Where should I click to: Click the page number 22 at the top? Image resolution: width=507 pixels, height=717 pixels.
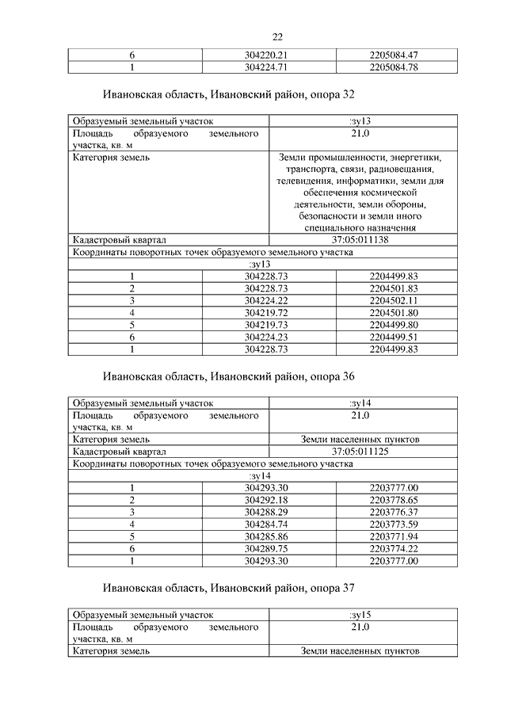pyautogui.click(x=277, y=37)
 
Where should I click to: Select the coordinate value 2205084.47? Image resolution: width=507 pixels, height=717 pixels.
pyautogui.click(x=394, y=55)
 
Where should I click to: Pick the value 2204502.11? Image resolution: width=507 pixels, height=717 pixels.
pyautogui.click(x=394, y=301)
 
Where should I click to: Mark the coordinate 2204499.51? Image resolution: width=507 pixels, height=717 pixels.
pyautogui.click(x=394, y=337)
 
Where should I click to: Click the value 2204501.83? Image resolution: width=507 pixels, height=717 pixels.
pyautogui.click(x=394, y=288)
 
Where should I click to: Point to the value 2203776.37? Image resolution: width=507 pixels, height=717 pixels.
pyautogui.click(x=394, y=513)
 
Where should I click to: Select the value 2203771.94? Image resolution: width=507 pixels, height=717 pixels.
pyautogui.click(x=394, y=536)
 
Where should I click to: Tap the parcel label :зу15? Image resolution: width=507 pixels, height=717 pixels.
pyautogui.click(x=360, y=615)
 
